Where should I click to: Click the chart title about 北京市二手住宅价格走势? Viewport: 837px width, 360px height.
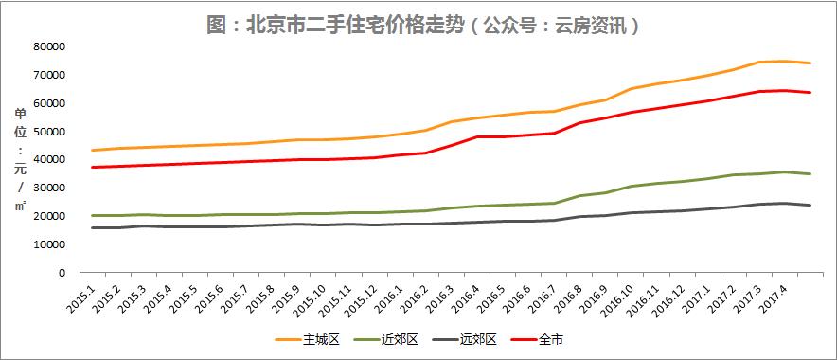pos(422,24)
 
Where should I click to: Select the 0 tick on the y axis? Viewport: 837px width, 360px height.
pos(60,273)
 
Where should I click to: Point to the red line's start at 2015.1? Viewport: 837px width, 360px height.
pos(92,167)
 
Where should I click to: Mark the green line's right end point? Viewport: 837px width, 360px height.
pos(810,173)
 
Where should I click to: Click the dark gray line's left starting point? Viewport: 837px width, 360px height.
pos(92,227)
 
